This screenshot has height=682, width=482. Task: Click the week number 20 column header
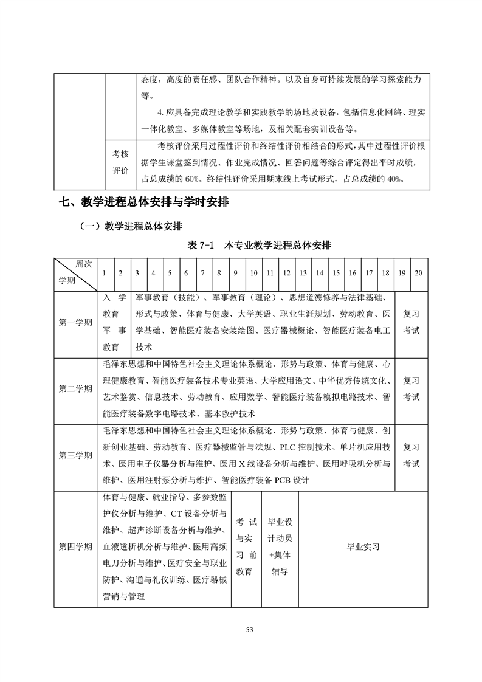click(418, 273)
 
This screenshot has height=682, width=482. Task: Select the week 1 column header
click(104, 273)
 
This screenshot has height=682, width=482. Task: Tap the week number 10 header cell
click(253, 273)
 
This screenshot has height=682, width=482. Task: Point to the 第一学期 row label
click(75, 322)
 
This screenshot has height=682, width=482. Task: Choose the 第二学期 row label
click(75, 389)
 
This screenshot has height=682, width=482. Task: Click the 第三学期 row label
click(75, 455)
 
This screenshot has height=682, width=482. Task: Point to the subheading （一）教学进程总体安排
click(131, 227)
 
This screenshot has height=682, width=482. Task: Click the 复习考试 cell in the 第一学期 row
click(411, 322)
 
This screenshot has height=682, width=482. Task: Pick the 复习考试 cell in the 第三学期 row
click(411, 455)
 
